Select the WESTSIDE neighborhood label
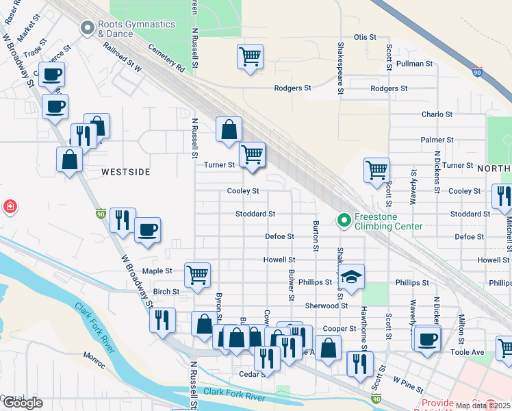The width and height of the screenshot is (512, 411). [126, 172]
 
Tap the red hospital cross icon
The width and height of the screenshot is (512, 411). [10, 206]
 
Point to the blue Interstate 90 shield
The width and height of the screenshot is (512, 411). [476, 71]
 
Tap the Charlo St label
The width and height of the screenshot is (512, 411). [437, 114]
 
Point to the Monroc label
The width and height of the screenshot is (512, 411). [94, 356]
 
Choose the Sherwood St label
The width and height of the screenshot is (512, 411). [327, 306]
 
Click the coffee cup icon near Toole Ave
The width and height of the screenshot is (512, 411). [427, 338]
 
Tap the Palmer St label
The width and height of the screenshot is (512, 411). [437, 140]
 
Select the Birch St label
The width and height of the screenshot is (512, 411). [166, 291]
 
